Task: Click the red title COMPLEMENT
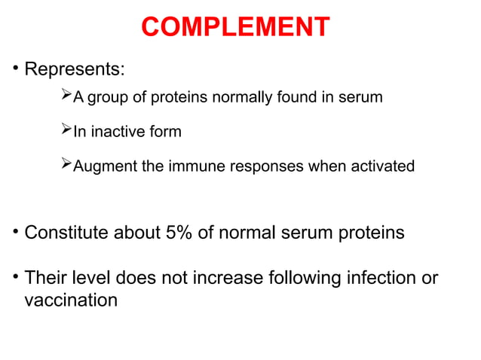click(235, 27)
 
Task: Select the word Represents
click(74, 70)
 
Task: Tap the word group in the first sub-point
click(109, 98)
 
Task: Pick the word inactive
click(119, 132)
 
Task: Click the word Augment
click(105, 166)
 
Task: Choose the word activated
click(377, 166)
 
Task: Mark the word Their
click(46, 279)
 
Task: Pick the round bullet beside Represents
click(14, 70)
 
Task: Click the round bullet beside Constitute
click(14, 233)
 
